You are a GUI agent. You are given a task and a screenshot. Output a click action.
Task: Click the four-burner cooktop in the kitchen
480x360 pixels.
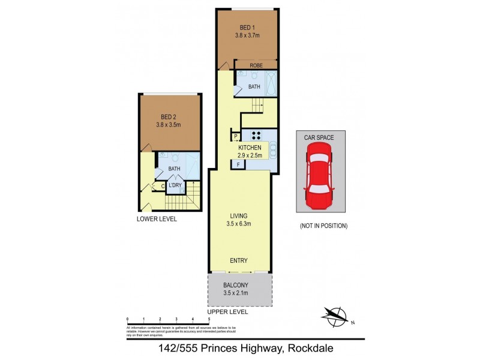pyautogui.click(x=256, y=135)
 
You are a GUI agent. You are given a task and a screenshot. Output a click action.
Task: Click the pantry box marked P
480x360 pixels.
pyautogui.click(x=236, y=137)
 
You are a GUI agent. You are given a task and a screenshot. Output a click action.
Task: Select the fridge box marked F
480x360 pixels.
pyautogui.click(x=238, y=164)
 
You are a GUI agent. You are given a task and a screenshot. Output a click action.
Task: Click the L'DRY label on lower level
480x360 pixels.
pyautogui.click(x=175, y=185)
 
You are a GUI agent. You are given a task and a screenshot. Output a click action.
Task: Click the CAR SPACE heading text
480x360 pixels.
pyautogui.click(x=318, y=137)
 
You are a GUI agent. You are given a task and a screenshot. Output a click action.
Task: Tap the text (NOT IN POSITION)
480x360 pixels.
pyautogui.click(x=323, y=226)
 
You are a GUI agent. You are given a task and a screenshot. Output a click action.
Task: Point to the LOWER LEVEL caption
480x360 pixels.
pyautogui.click(x=157, y=220)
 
